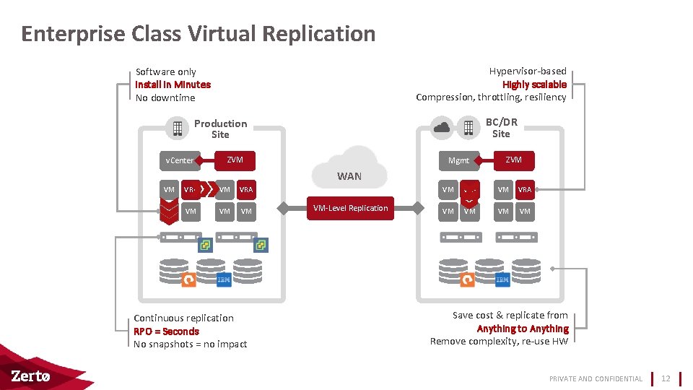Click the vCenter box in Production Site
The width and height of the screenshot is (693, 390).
point(179,160)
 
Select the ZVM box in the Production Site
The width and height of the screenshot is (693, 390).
point(235,160)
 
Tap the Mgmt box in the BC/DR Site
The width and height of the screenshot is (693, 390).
point(458,160)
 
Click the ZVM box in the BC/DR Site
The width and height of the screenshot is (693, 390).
point(513,160)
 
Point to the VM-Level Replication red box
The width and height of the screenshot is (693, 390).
point(350,208)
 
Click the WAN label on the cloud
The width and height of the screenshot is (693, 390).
point(349,176)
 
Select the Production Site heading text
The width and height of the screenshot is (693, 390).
point(220,129)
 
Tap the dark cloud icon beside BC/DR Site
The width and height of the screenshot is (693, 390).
point(442,128)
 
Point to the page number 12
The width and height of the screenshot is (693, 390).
point(666,378)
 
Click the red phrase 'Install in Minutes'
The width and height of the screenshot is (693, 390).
point(173,84)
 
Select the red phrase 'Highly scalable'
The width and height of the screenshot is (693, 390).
point(534,84)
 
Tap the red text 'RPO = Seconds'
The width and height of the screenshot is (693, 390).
point(166,331)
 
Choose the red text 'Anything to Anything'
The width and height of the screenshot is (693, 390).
point(523,329)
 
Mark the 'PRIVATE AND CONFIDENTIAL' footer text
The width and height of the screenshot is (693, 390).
point(596,378)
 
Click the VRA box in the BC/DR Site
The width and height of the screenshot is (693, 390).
point(524,189)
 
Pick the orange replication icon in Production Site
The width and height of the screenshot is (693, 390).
point(188,279)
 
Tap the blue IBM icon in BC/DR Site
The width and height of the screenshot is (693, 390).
point(502,279)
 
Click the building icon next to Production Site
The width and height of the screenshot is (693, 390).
point(177,129)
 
